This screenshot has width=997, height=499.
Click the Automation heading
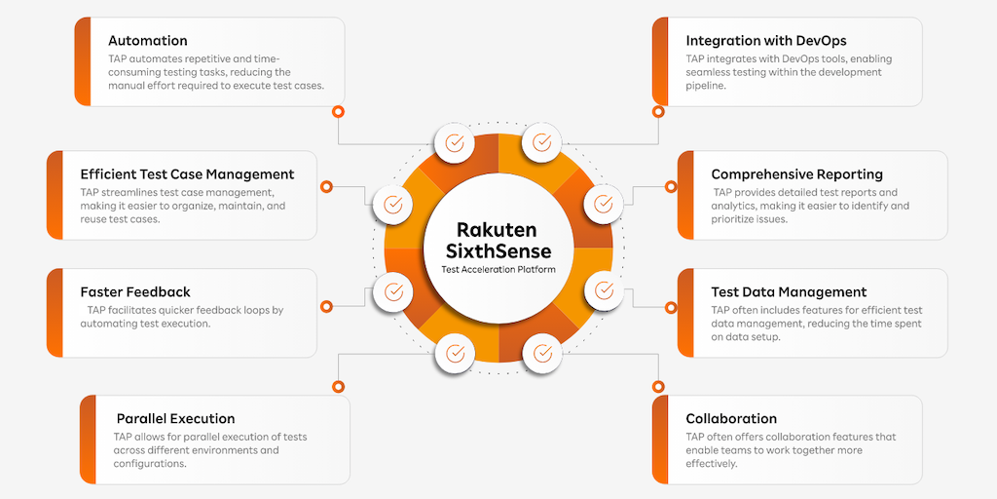147,41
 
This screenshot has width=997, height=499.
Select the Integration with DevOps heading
765,41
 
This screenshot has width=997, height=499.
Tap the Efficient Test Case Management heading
187,174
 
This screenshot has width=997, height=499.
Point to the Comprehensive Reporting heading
796,174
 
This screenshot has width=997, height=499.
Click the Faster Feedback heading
135,291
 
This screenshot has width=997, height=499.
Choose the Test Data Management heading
789,291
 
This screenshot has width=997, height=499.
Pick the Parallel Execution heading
175,418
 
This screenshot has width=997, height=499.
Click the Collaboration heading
731,418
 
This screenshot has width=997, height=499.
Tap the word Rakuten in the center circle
498,230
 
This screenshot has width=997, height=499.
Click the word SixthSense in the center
498,251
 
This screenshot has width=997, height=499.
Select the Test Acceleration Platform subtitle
498,270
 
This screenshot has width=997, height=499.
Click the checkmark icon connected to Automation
454,142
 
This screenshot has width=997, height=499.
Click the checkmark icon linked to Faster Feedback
392,290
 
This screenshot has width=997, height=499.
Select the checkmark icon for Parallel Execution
454,352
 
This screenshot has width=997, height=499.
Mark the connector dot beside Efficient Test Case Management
326,183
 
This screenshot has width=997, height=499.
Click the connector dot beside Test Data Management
670,304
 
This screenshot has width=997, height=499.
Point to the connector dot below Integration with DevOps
657,111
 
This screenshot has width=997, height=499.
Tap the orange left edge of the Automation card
82,60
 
